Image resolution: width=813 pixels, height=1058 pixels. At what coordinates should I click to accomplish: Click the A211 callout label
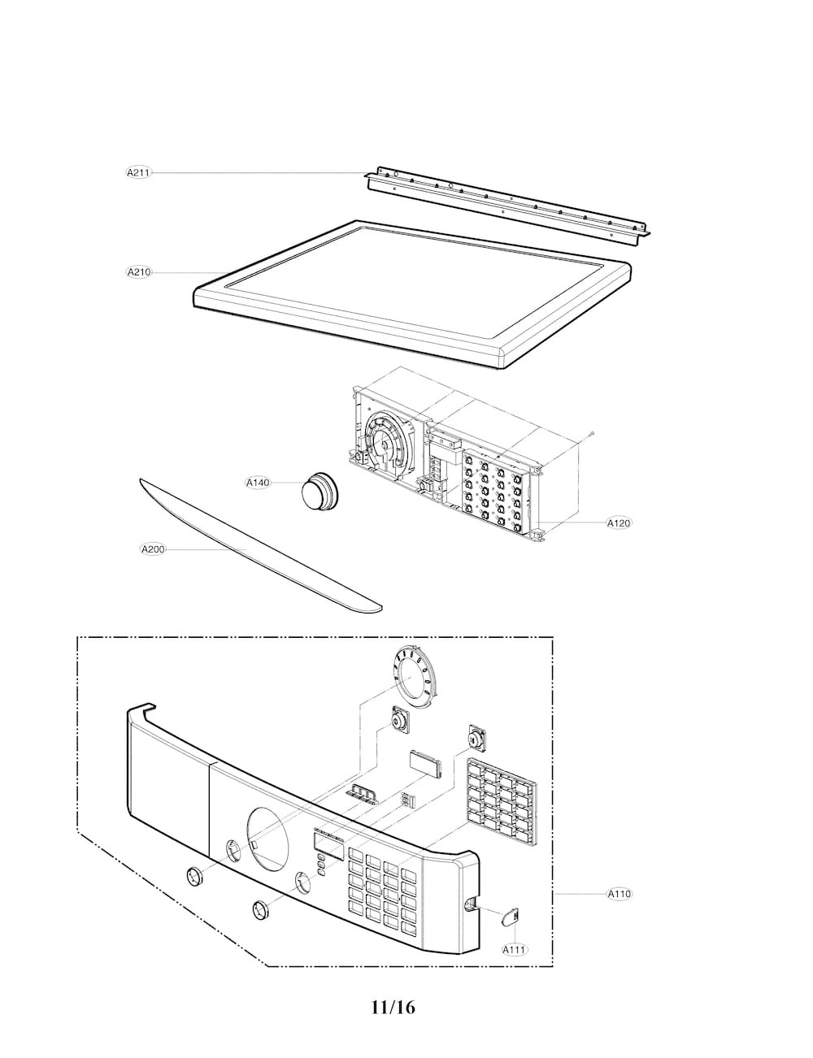tap(139, 172)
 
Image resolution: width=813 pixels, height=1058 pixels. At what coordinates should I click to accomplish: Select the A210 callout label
tap(139, 272)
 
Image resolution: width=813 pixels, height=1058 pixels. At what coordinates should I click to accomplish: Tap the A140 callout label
tap(258, 483)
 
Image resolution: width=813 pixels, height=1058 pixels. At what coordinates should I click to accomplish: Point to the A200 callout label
tap(153, 549)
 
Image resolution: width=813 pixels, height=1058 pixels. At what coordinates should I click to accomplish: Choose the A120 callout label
tap(619, 523)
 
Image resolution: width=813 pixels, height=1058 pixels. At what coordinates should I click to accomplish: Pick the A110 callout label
tap(619, 893)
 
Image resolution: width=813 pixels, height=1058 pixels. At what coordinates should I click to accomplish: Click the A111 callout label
tap(515, 949)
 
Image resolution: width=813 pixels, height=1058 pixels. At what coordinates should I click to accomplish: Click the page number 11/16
tap(393, 1007)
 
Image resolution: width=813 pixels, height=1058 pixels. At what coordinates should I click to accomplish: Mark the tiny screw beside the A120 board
tap(591, 433)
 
